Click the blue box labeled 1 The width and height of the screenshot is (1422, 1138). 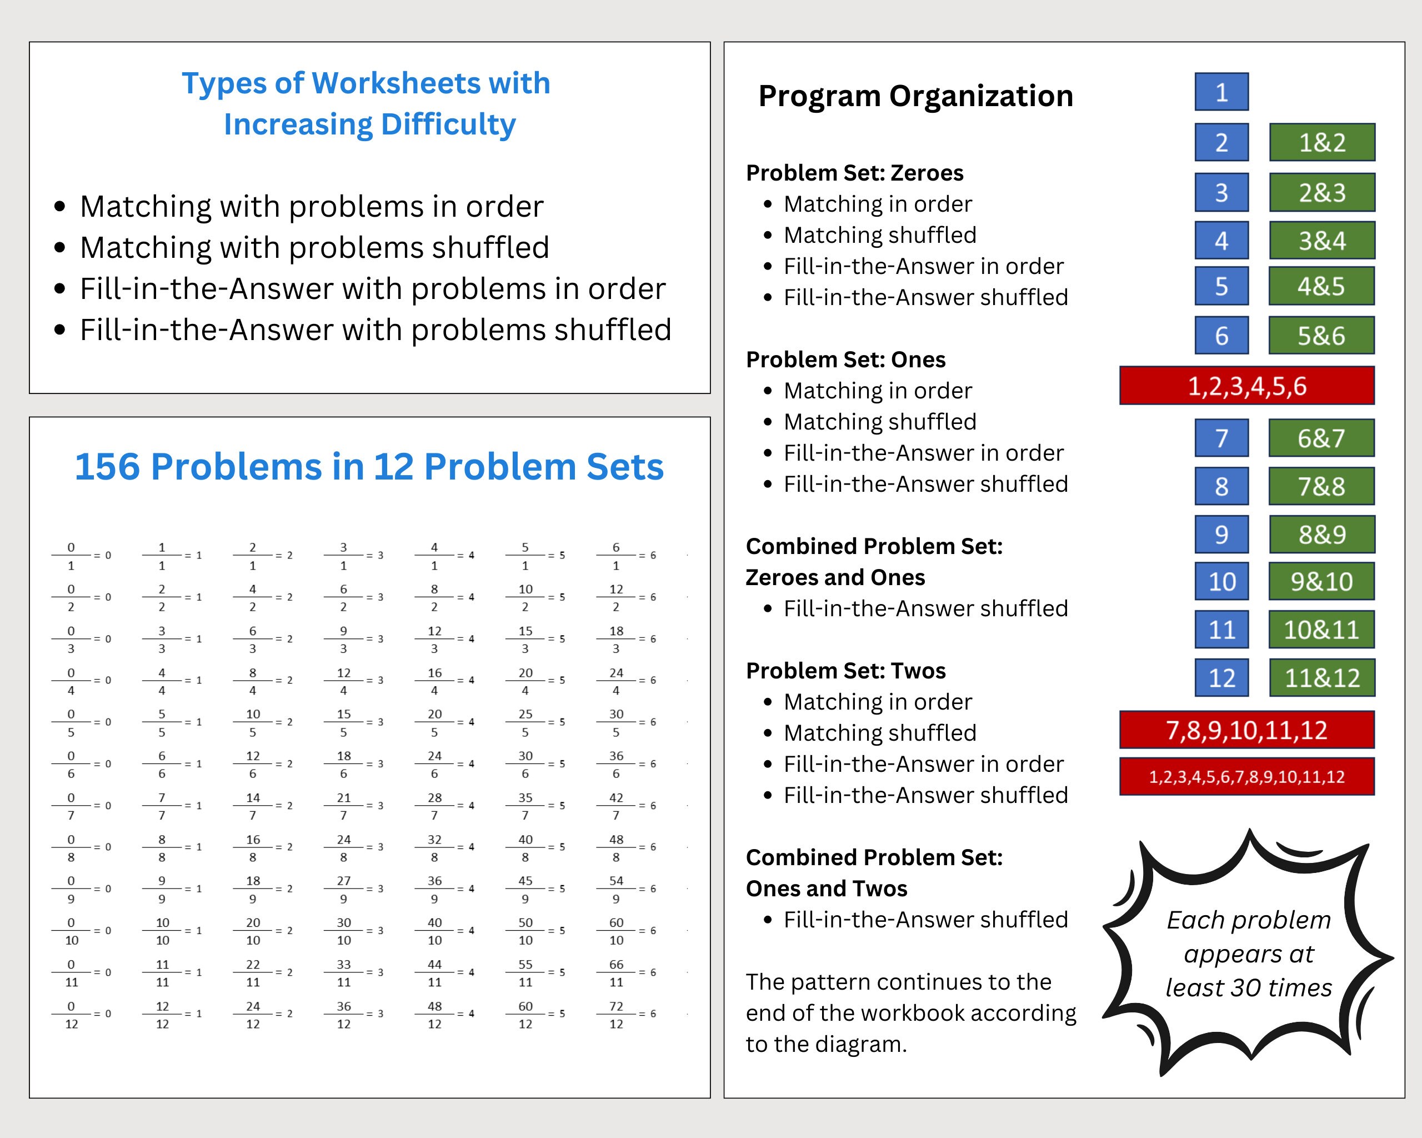(1221, 92)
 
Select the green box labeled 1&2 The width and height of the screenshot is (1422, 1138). (1322, 142)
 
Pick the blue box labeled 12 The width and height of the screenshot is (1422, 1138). (1221, 677)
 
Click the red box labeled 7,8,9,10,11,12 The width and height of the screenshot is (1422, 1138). (1246, 730)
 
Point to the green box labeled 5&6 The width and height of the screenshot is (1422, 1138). (1321, 336)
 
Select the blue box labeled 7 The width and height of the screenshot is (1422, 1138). (1221, 438)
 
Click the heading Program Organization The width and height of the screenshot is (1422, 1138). (915, 96)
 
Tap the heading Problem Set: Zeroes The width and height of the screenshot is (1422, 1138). (854, 173)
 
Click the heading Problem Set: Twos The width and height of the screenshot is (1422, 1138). (845, 670)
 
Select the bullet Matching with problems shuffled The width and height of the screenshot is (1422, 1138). (314, 247)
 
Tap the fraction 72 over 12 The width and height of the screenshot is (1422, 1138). (616, 1015)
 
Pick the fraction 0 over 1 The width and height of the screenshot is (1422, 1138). (71, 556)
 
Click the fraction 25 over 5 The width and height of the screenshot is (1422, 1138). (525, 723)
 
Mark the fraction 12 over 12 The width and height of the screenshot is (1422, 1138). (162, 1015)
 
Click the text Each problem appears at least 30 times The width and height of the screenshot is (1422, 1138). (1249, 954)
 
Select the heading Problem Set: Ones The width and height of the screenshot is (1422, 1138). (845, 360)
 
